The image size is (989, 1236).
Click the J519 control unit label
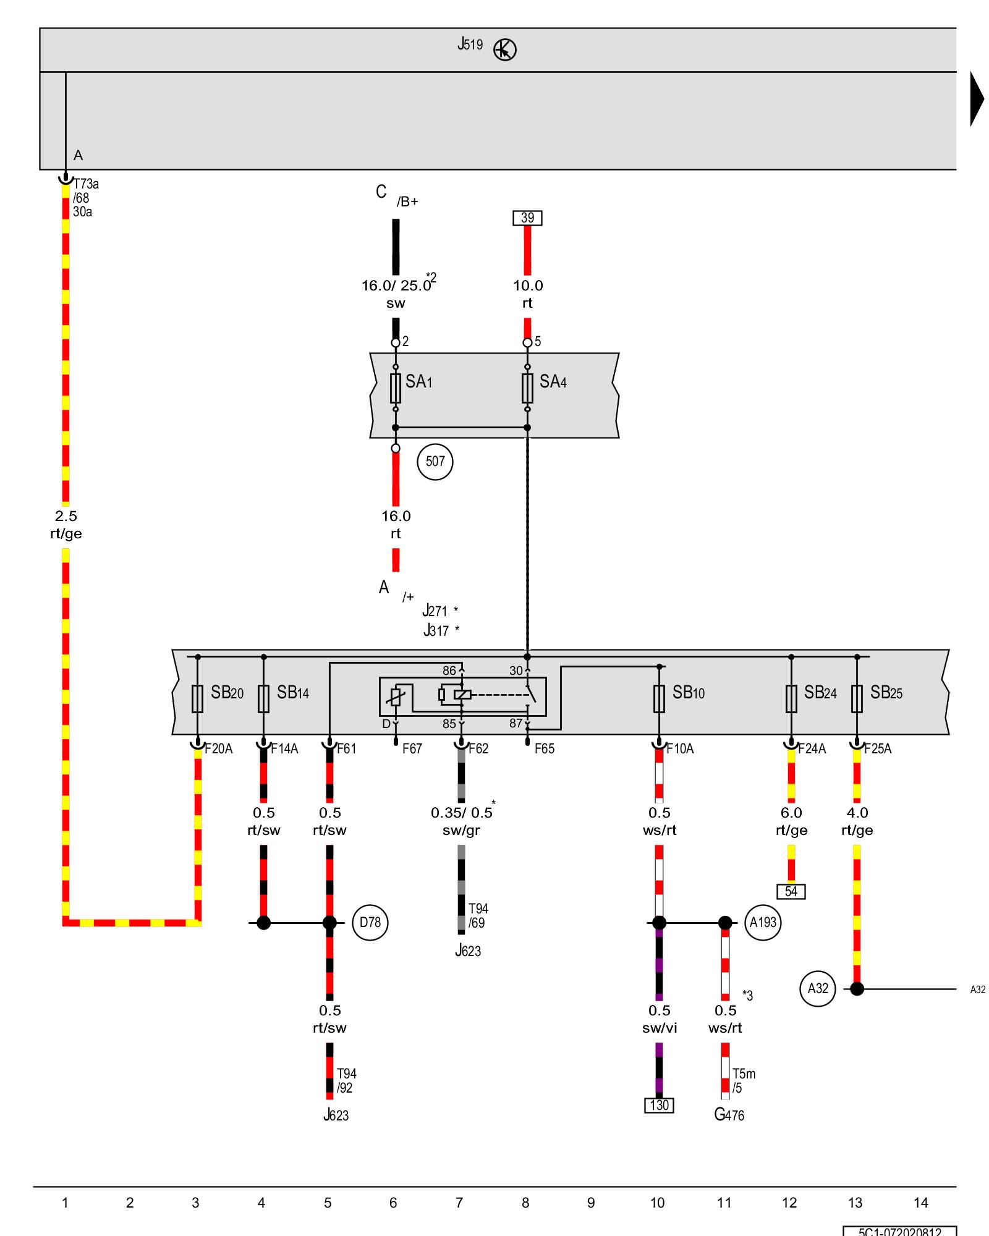coord(470,44)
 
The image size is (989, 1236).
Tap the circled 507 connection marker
coord(435,462)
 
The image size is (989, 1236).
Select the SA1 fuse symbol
coord(396,388)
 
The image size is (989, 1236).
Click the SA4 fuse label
coord(553,382)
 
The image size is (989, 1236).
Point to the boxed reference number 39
coord(527,218)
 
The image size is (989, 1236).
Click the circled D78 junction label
coord(370,923)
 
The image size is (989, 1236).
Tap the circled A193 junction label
coord(763,923)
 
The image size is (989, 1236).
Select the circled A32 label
coord(818,989)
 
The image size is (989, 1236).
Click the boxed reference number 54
coord(791,892)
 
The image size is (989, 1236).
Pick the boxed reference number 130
coord(659,1106)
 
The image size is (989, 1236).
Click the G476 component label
coord(729,1115)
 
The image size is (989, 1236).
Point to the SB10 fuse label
coord(689,693)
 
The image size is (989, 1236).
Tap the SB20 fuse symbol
coord(198,699)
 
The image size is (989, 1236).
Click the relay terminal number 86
coord(449,671)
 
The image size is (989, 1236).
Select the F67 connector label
coord(412,749)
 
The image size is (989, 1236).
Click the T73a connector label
coord(86,184)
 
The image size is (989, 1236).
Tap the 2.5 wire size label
coord(66,516)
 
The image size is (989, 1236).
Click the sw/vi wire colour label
coord(660,1028)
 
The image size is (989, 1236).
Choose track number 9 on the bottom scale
coord(591,1203)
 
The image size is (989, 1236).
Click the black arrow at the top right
coord(977,99)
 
